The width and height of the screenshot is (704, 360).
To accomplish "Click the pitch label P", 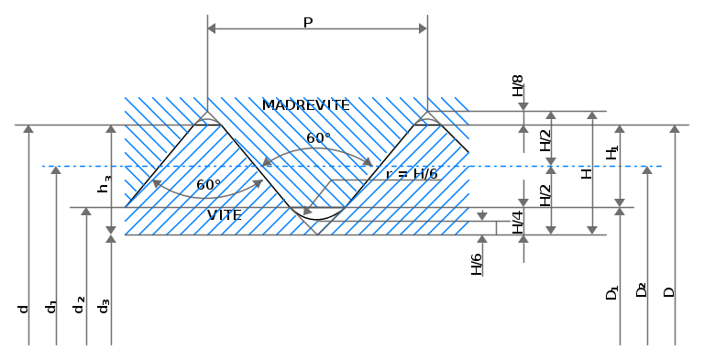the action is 308,22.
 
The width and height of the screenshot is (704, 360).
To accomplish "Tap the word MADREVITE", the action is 306,105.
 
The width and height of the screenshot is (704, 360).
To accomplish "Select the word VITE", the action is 225,215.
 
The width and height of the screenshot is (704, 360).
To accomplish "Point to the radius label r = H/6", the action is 412,174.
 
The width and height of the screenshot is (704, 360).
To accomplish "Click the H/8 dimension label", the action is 518,86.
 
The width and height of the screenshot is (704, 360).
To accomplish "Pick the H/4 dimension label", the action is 518,223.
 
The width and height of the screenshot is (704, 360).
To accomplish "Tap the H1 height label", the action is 612,153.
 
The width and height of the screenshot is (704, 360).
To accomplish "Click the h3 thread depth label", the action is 104,184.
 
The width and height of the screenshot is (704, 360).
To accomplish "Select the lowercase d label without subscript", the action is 23,309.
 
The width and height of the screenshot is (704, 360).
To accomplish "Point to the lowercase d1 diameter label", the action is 51,307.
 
